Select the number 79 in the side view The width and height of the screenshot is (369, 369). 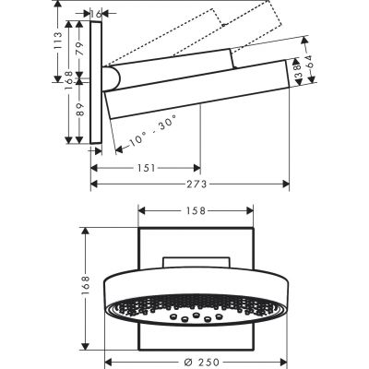[79, 50]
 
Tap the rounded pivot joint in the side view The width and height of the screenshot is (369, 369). [113, 81]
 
